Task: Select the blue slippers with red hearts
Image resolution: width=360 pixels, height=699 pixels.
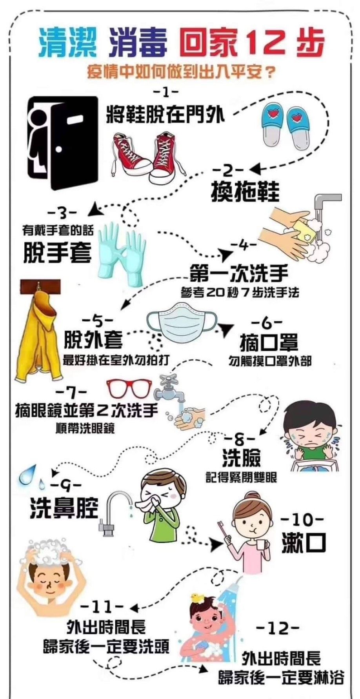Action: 287,125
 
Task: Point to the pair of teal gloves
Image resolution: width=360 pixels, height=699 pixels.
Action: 122,253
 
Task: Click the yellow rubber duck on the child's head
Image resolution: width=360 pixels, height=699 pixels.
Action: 196,598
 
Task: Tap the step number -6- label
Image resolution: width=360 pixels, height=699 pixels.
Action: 267,323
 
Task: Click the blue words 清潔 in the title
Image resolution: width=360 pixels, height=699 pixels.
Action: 67,42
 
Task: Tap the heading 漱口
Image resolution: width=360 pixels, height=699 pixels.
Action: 304,543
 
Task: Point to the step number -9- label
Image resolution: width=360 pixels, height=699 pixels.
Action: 66,486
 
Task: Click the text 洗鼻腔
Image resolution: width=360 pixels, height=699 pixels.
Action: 64,508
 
